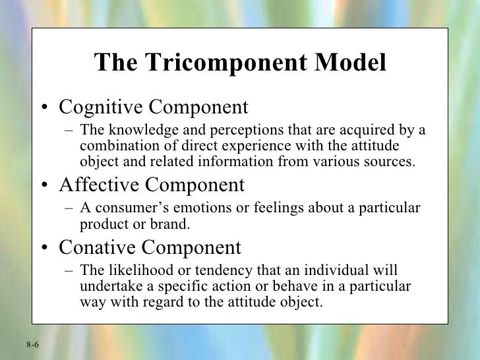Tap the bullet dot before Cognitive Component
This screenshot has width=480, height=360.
coord(43,108)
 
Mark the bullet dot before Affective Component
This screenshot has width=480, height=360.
coord(43,187)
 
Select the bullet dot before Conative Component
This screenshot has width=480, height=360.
coord(43,249)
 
